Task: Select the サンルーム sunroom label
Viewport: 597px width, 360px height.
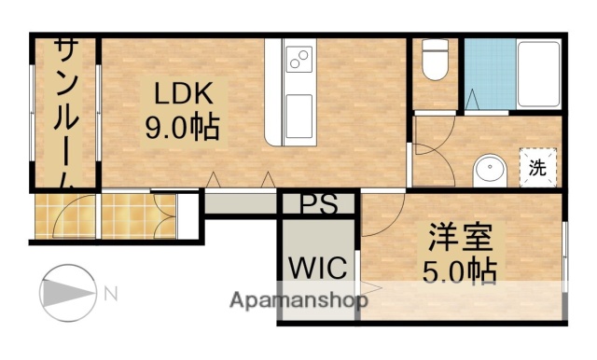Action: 65,112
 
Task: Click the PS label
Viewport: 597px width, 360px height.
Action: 317,204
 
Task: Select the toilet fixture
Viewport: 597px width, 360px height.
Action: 434,62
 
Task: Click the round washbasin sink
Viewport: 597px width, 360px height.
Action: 490,170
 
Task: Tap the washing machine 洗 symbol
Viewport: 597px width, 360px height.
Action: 539,168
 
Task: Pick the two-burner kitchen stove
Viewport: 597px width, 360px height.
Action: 298,61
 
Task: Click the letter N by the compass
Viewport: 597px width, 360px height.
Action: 111,294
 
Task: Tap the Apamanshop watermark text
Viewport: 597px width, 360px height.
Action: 298,300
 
